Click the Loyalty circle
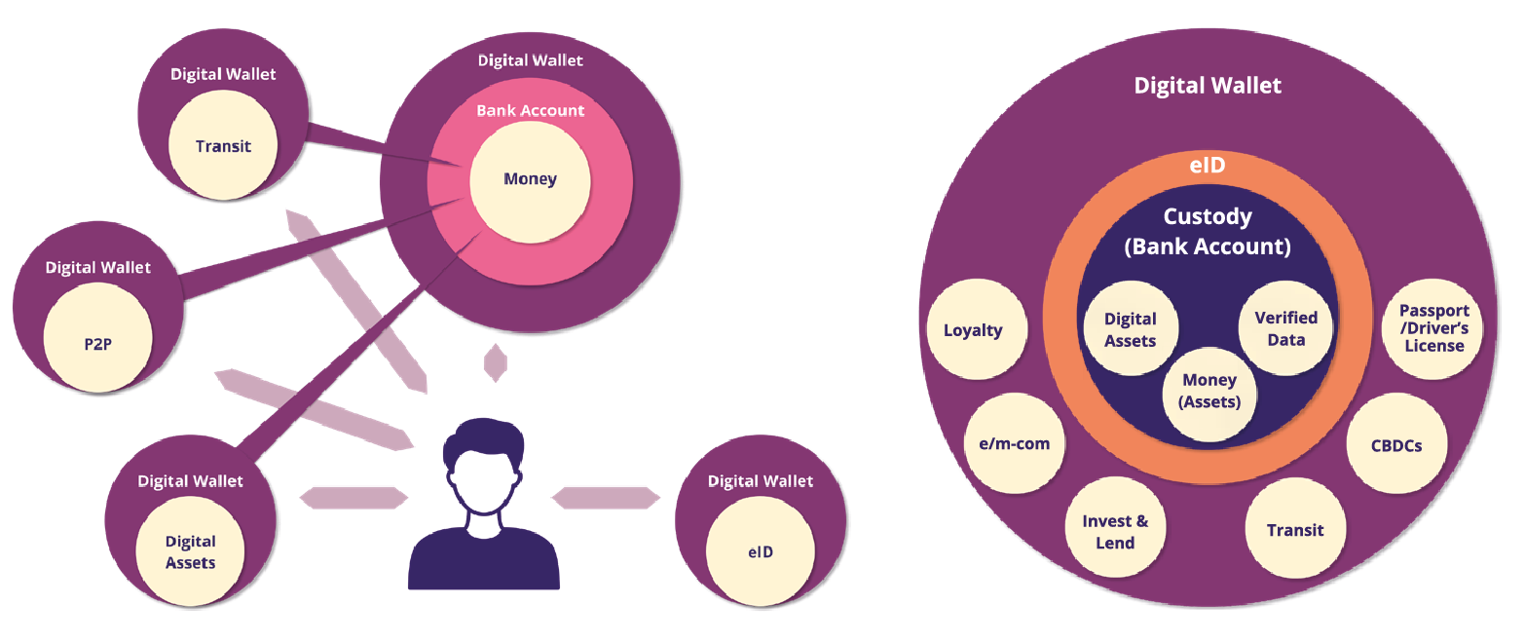pyautogui.click(x=973, y=330)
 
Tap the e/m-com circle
pyautogui.click(x=1014, y=444)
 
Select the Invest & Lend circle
pyautogui.click(x=1115, y=532)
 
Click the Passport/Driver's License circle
pyautogui.click(x=1433, y=329)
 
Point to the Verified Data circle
pyautogui.click(x=1285, y=328)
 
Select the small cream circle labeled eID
pyautogui.click(x=760, y=551)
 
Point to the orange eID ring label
pyautogui.click(x=1208, y=167)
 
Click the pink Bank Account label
pyautogui.click(x=530, y=111)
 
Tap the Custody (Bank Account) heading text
pyautogui.click(x=1208, y=232)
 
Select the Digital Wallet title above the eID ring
pyautogui.click(x=1208, y=86)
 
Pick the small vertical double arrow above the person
pyautogui.click(x=496, y=362)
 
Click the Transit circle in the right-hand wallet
pyautogui.click(x=1294, y=530)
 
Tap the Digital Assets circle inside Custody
pyautogui.click(x=1130, y=329)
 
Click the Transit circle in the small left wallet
pyautogui.click(x=223, y=147)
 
